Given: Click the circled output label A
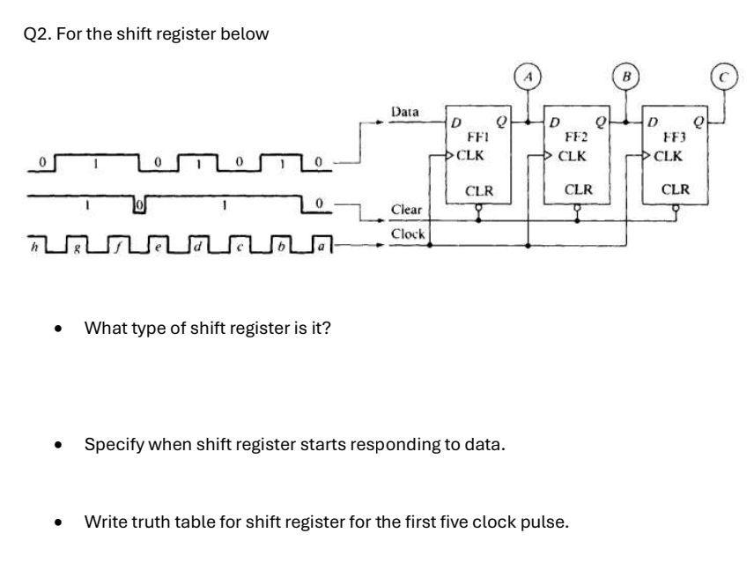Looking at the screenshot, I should [528, 78].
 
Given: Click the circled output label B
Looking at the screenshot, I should [626, 78].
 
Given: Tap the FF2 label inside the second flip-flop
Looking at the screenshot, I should [577, 138].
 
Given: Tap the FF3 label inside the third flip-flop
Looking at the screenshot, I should [676, 138].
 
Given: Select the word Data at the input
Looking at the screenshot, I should [404, 113].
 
